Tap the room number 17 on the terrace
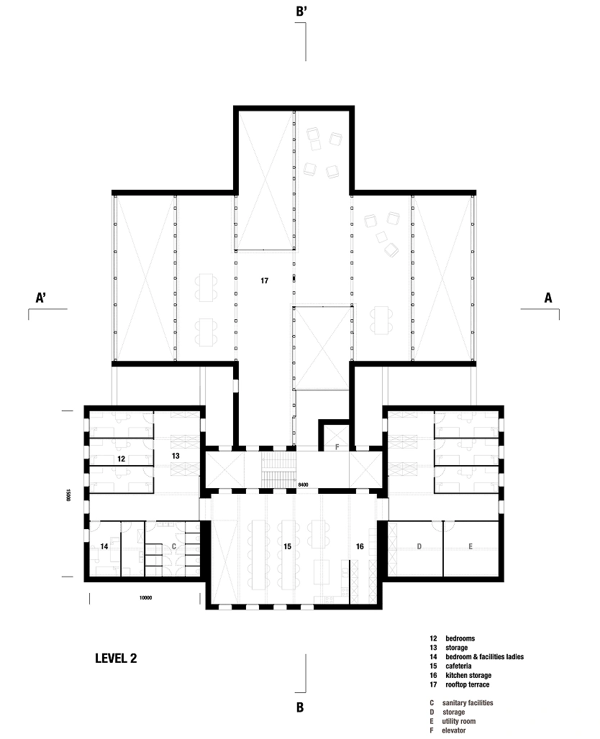point(264,280)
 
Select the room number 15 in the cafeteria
point(287,547)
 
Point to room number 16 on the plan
point(360,547)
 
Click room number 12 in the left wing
point(122,458)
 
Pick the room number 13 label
point(175,456)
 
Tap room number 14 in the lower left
point(104,547)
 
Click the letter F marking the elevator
point(337,447)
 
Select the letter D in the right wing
point(419,547)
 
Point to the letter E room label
point(471,547)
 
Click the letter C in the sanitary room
point(173,547)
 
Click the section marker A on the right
point(549,297)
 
